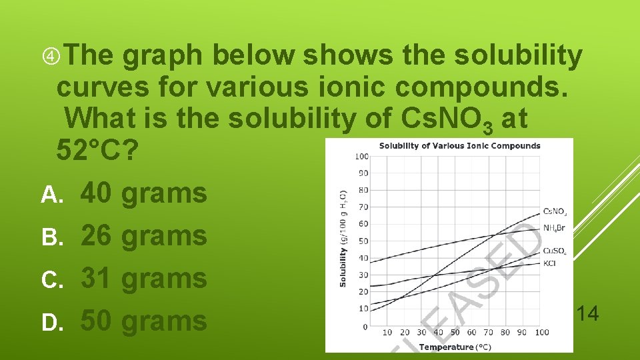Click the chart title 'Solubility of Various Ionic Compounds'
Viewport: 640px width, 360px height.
[x=459, y=145]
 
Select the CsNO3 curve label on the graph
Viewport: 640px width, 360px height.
[x=555, y=211]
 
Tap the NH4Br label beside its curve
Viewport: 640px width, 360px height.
[x=555, y=228]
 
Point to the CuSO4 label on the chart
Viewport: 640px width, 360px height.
[x=555, y=251]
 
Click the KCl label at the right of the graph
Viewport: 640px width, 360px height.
[x=550, y=263]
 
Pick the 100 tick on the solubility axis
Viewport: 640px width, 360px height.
[x=361, y=157]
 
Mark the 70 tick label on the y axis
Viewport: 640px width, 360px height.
[x=363, y=207]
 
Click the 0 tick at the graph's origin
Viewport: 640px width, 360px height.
[x=365, y=327]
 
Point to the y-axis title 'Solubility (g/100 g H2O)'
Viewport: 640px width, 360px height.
[x=343, y=238]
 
